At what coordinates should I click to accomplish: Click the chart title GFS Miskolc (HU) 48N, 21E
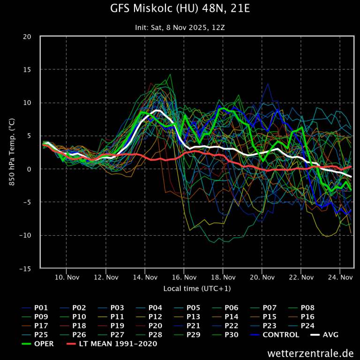180,9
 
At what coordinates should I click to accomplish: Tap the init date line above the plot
180,27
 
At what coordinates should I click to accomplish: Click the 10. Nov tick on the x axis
66,277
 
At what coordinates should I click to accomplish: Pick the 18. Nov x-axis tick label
223,277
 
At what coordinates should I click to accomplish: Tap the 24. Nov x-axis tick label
340,277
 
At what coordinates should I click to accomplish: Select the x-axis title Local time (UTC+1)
197,288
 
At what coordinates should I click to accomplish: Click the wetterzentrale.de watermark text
310,352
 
